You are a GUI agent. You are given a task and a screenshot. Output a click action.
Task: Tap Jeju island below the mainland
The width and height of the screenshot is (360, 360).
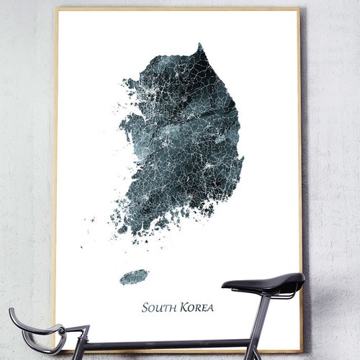[x=133, y=277]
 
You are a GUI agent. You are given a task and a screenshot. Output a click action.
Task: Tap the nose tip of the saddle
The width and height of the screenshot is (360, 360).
[x=225, y=285]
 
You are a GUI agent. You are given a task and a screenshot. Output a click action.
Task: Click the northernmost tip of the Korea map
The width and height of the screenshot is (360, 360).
[x=199, y=45]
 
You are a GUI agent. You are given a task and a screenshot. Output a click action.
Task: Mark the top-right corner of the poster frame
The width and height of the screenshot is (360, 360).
[x=299, y=9]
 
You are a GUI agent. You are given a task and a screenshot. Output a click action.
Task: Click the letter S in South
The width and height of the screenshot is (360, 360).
[x=145, y=307]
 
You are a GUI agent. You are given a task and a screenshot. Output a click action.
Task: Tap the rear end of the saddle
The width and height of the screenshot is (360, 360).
[x=301, y=279]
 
